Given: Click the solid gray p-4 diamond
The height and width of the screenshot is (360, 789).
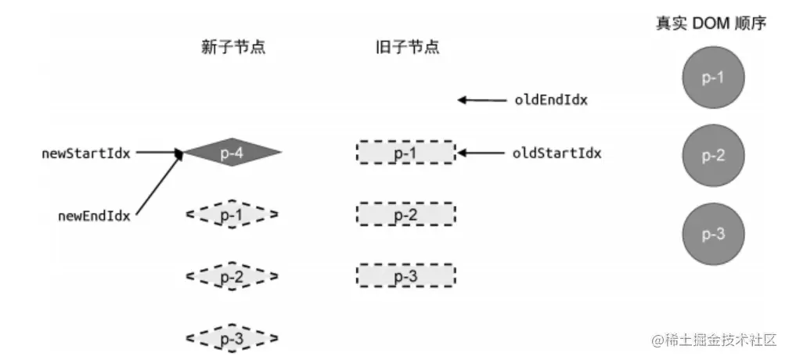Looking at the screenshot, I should point(232,153).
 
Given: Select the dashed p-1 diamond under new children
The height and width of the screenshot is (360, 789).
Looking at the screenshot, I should point(232,214).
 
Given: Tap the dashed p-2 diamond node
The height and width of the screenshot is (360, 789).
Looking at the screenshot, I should point(232,276).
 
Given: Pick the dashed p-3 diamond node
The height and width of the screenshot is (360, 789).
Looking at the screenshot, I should point(232,338).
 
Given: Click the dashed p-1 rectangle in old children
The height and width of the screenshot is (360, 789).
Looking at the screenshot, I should point(405,153).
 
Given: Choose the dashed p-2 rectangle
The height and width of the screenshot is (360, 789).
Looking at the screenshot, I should point(405,214).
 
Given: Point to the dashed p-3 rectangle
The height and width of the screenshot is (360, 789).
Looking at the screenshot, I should point(405,276).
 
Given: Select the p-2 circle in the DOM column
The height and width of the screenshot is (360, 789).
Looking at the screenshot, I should point(712,155).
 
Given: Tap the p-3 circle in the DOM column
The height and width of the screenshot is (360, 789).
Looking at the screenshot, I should point(712,235).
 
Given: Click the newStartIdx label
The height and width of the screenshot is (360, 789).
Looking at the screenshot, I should point(86,153).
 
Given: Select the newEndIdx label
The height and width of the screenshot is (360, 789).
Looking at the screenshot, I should point(94,214).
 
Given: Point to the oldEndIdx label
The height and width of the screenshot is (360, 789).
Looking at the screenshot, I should point(551,100).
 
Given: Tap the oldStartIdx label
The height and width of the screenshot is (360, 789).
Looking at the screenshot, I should point(557,153).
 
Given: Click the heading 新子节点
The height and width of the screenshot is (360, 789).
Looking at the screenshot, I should point(232,47).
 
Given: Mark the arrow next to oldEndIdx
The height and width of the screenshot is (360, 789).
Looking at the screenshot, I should point(482,100).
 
